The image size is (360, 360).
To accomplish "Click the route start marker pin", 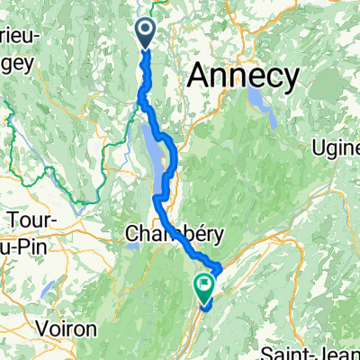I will (147, 34).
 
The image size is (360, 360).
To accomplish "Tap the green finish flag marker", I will (203, 287).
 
